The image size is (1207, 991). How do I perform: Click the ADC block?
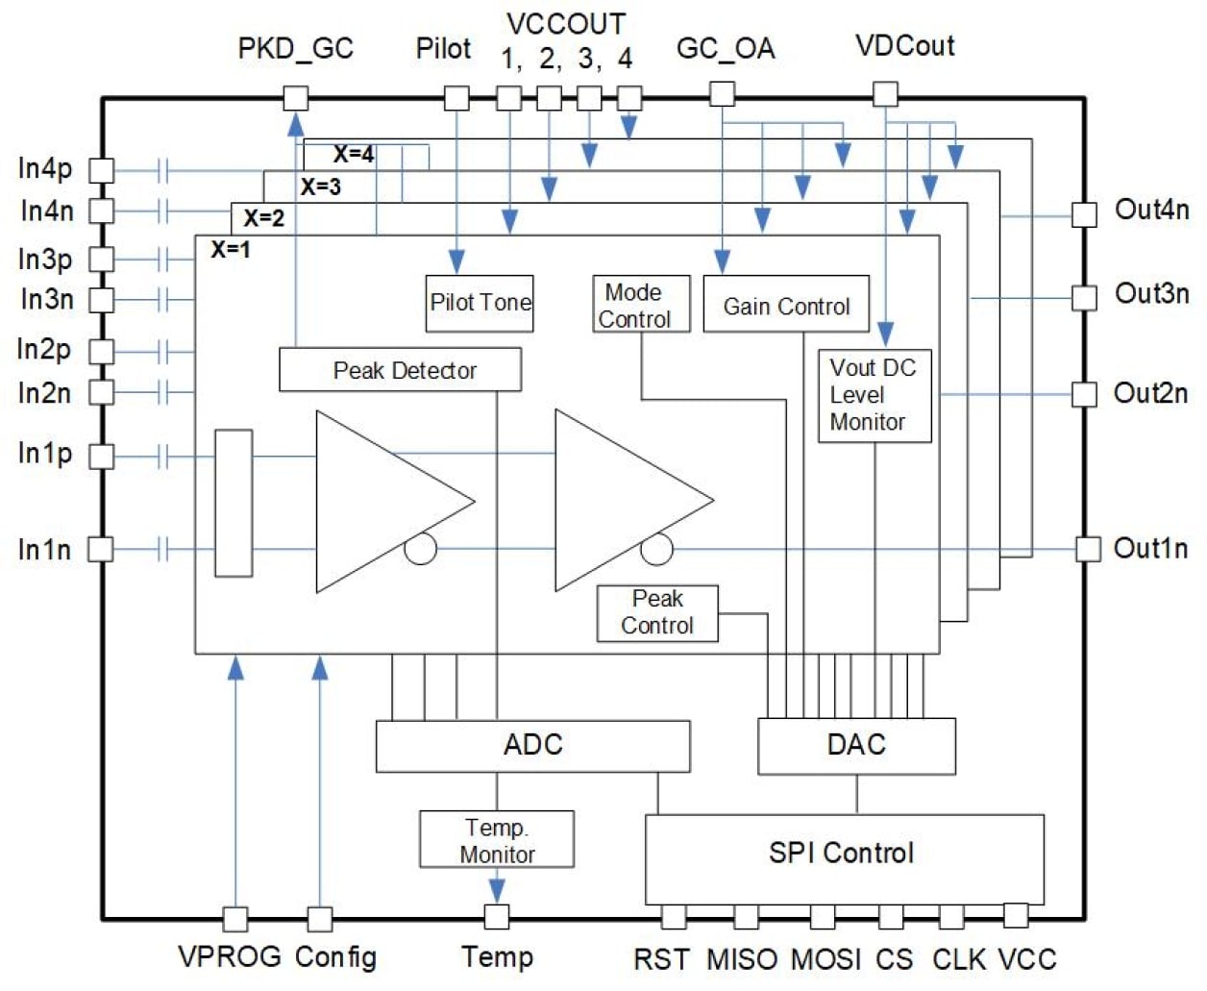(532, 746)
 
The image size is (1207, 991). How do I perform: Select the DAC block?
(856, 746)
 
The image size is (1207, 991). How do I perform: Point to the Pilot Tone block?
(480, 304)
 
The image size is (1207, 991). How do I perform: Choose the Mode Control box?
(640, 305)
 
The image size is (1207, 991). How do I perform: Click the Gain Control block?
(786, 305)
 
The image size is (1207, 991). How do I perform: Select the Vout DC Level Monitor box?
(874, 395)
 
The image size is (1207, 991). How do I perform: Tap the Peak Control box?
(657, 613)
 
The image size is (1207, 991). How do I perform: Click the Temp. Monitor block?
(496, 840)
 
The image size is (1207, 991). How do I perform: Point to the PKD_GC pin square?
(296, 97)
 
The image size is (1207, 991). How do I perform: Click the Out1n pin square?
(1087, 549)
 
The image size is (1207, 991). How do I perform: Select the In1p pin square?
(101, 456)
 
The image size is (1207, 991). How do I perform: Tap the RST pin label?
(661, 959)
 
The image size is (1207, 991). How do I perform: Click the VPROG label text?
(230, 957)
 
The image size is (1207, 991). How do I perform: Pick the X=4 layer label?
(353, 154)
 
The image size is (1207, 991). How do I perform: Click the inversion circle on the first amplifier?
(420, 549)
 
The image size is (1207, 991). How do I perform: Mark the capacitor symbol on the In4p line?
(162, 171)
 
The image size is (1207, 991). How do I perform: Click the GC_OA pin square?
(722, 93)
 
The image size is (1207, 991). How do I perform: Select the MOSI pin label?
(825, 959)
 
